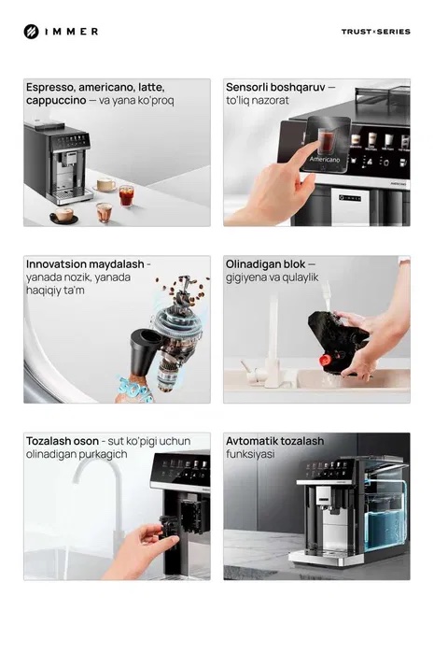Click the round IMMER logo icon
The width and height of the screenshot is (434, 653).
coord(31,32)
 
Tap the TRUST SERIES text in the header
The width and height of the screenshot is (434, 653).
coord(376,32)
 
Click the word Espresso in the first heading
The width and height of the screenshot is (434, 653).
coord(50,88)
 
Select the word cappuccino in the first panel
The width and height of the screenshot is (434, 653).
coord(56,100)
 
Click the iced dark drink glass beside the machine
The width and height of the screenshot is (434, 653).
coord(127,196)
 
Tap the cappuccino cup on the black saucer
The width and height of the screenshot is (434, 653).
coord(64,215)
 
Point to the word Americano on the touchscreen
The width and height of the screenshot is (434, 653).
coord(325,159)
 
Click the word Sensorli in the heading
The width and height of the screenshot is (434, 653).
coord(246,88)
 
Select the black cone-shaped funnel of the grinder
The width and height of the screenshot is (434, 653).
coord(145,349)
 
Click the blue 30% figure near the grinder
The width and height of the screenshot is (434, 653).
coord(134,390)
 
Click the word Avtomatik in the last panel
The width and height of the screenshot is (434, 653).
coord(251,441)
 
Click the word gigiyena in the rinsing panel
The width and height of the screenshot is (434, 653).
coord(243,277)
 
